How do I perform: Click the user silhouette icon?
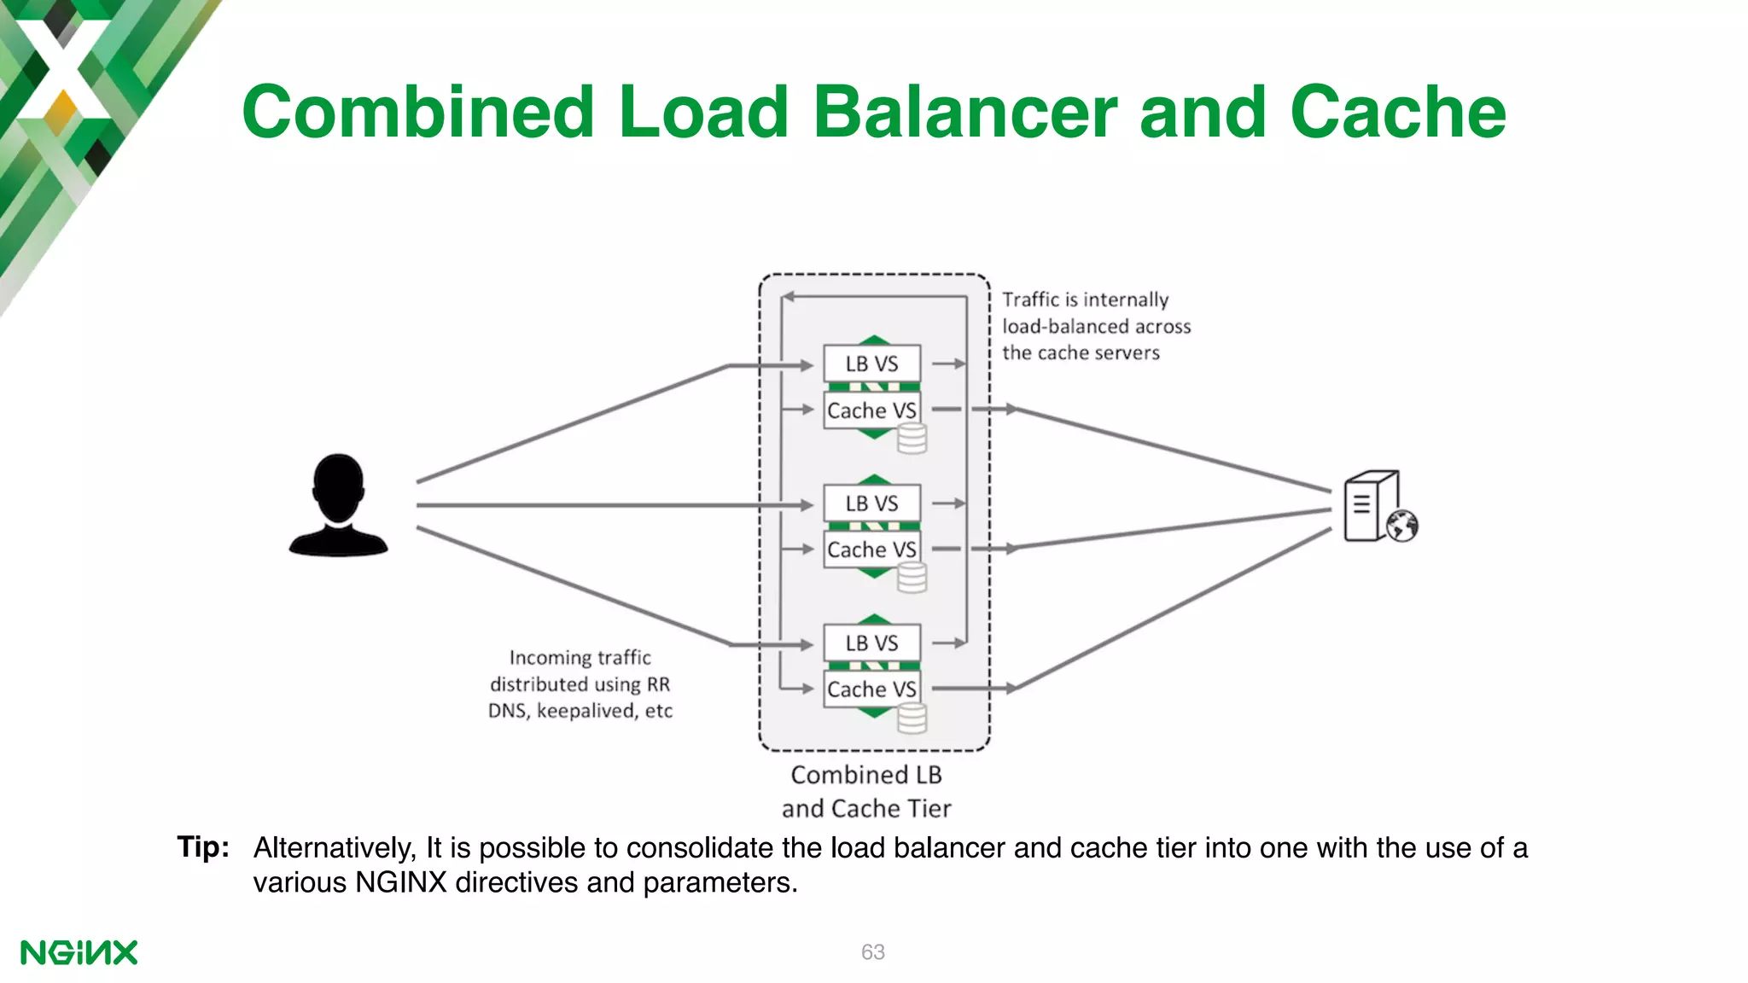[x=339, y=505]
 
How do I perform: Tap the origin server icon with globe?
[x=1378, y=507]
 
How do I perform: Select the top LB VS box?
[x=871, y=364]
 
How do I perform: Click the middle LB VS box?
[x=871, y=503]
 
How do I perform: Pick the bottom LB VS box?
[x=871, y=643]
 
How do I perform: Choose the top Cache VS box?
[x=871, y=410]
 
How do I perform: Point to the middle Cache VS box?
[x=871, y=550]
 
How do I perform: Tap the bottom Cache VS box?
[x=871, y=689]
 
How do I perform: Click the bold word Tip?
[x=203, y=847]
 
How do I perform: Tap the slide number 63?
[x=872, y=952]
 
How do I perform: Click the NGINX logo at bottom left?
[x=79, y=952]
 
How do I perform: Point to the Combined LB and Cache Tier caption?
[x=866, y=792]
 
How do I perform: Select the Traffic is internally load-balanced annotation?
[x=1095, y=326]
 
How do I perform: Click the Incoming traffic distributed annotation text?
[x=580, y=684]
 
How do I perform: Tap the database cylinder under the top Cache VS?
[x=912, y=439]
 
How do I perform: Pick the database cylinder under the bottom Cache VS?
[x=912, y=718]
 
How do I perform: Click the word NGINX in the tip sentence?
[x=401, y=882]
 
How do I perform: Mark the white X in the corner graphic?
[x=61, y=68]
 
